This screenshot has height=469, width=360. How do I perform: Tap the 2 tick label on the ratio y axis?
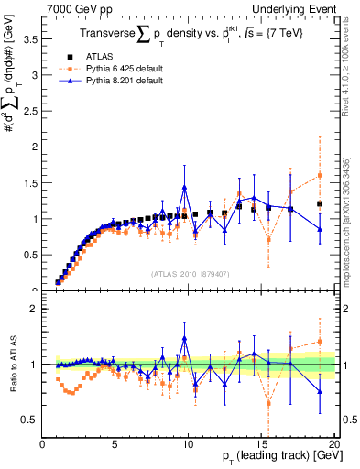[x=35, y=309]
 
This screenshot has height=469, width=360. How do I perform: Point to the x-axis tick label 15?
[x=262, y=445]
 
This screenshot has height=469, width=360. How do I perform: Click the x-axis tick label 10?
[x=189, y=445]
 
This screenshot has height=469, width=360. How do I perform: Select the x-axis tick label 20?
[x=334, y=445]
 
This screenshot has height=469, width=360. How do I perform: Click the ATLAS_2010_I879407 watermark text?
[x=190, y=274]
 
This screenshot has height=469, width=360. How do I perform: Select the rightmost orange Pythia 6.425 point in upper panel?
[x=320, y=175]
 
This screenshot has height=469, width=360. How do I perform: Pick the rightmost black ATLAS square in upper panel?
[x=320, y=203]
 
